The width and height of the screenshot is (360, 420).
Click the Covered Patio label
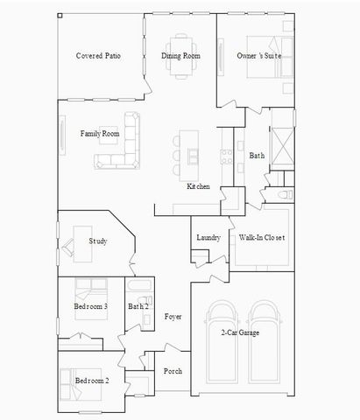[98, 56]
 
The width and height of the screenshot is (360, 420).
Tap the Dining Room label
[180, 56]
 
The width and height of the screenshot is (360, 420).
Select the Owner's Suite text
[258, 56]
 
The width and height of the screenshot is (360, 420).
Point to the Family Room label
[99, 134]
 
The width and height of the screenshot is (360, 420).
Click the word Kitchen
[198, 186]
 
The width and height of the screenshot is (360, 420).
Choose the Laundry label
[208, 237]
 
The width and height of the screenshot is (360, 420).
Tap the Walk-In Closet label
[262, 237]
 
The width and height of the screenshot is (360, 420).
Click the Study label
[97, 241]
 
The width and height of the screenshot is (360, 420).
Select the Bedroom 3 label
[91, 306]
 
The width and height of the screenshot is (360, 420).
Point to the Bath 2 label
[138, 306]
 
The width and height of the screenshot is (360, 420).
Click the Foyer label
[173, 316]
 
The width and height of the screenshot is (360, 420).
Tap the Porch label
[173, 371]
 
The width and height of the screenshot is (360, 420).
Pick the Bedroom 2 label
[91, 381]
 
